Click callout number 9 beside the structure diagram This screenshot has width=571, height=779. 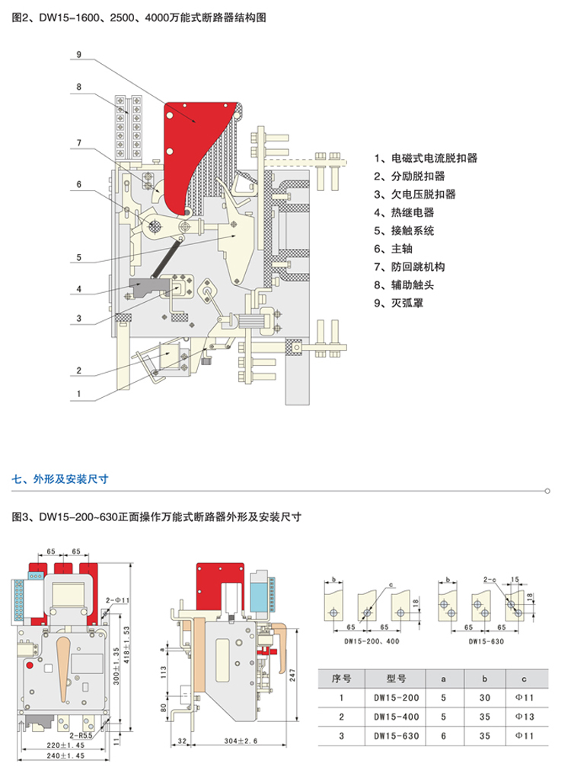(78, 54)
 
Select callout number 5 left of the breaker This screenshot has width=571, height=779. (78, 259)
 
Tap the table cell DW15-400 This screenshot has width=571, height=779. (397, 717)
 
